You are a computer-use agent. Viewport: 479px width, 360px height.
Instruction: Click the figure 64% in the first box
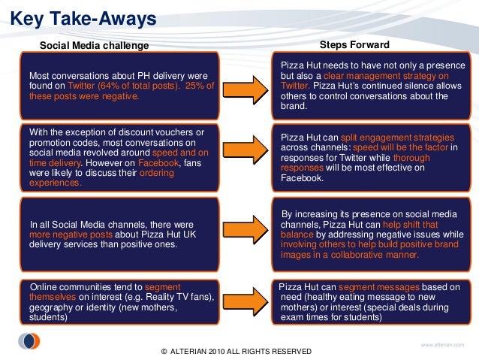[x=119, y=86]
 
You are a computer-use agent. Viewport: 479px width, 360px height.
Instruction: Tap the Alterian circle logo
[x=29, y=340]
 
